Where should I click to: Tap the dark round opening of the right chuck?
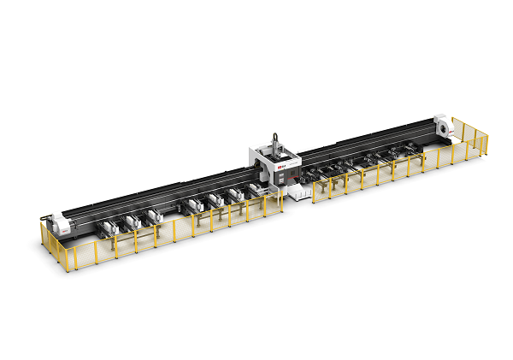click(440, 127)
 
